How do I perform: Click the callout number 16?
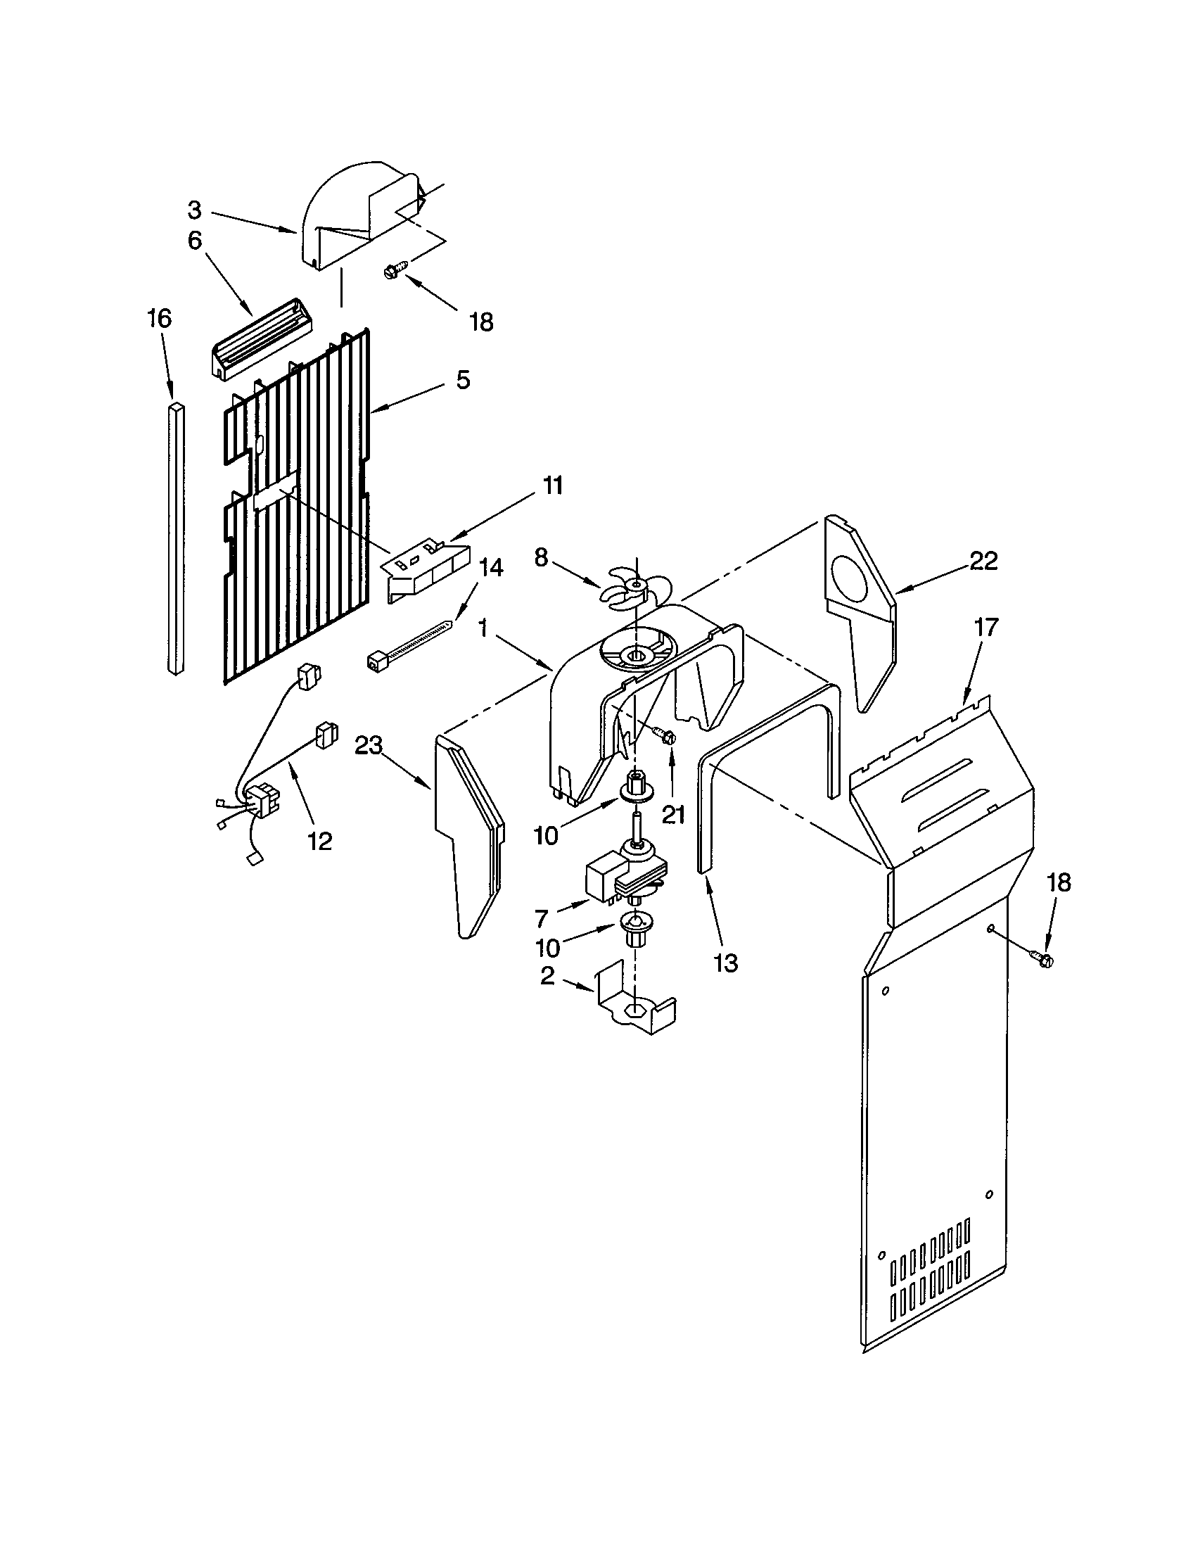point(160,318)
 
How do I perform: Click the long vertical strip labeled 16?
point(176,539)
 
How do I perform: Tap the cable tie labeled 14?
point(407,642)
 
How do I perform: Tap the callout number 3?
point(194,210)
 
